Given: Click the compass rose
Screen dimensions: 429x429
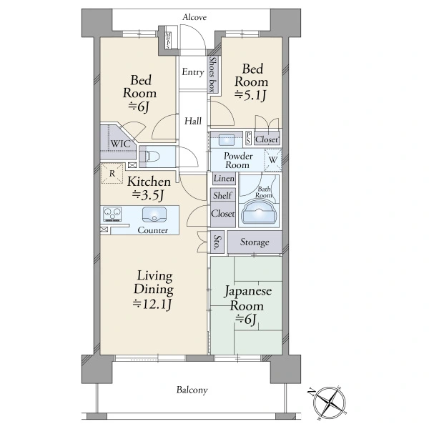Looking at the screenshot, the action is click(x=329, y=403).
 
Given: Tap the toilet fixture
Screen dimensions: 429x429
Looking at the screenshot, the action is click(x=149, y=157).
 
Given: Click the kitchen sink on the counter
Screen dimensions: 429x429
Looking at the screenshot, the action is click(x=154, y=214).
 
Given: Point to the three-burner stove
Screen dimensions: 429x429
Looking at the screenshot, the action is click(x=112, y=214).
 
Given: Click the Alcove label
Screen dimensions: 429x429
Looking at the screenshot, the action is click(x=194, y=17).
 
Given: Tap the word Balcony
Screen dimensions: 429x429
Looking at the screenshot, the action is click(x=192, y=390).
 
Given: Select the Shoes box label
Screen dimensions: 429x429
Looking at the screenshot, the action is click(x=213, y=74).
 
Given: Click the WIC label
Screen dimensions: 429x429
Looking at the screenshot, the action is click(x=120, y=144).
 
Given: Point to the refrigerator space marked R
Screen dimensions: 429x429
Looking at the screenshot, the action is click(x=112, y=173).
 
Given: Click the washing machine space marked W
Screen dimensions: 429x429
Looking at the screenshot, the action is click(x=273, y=159).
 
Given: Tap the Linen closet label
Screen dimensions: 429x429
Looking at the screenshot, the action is click(x=224, y=178).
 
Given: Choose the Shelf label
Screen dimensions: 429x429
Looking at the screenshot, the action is click(x=222, y=195).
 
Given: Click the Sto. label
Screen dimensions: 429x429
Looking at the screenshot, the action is click(x=217, y=242).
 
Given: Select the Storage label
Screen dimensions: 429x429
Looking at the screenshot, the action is click(x=255, y=242).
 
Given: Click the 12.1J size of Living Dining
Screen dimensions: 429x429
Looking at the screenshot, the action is click(x=152, y=304).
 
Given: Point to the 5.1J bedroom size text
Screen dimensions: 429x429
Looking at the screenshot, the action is click(x=250, y=95).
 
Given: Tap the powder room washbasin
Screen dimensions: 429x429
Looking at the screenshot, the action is click(x=227, y=140).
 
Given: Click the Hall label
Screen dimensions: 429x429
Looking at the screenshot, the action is click(x=193, y=121).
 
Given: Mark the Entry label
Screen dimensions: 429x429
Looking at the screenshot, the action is click(x=193, y=72).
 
